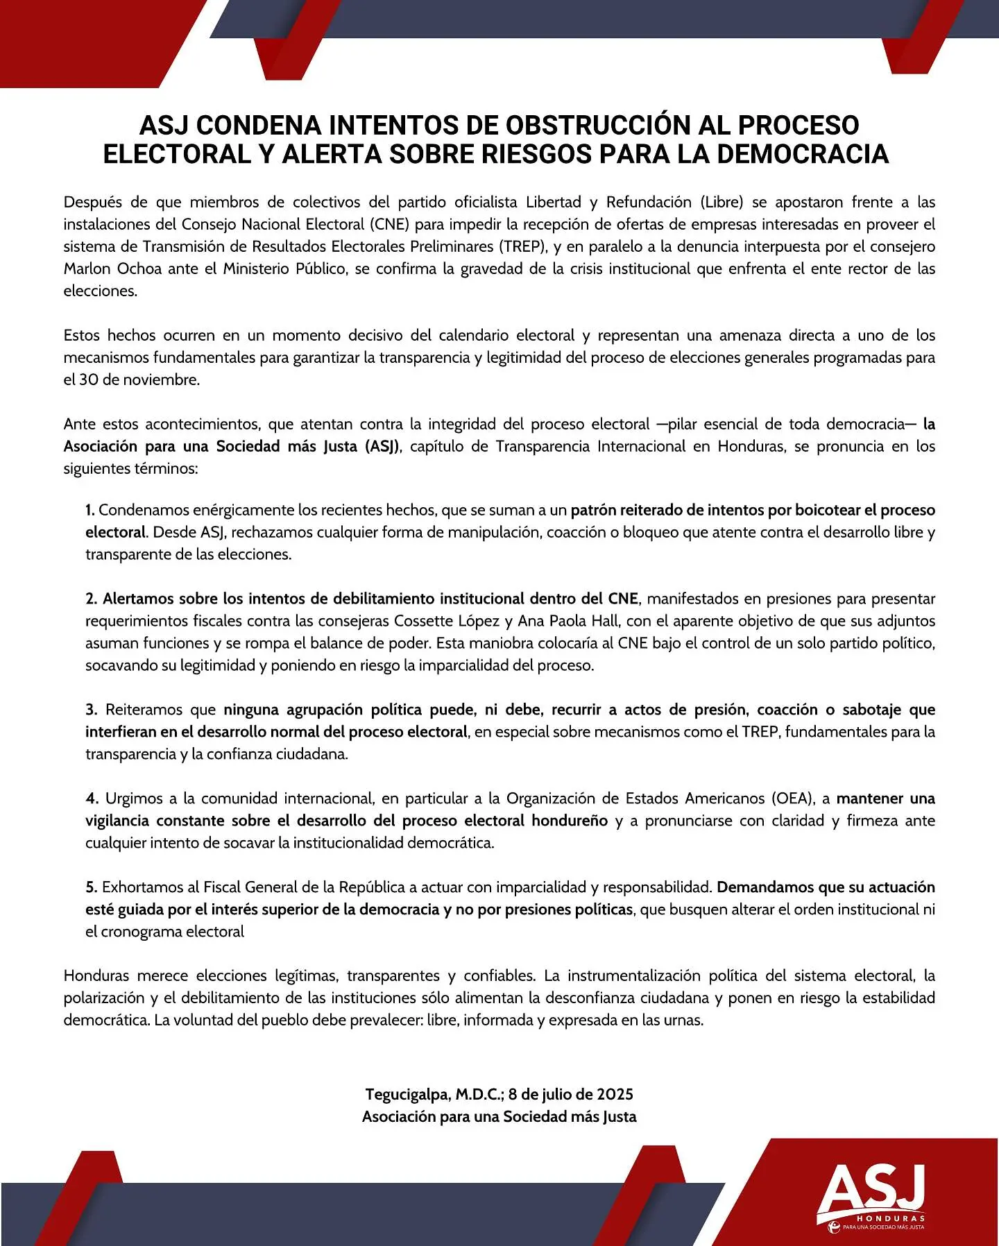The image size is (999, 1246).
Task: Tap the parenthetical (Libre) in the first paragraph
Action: (721, 203)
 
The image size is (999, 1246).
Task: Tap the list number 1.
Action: (90, 511)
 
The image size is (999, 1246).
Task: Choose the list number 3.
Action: (91, 710)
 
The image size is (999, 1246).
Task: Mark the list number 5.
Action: (91, 888)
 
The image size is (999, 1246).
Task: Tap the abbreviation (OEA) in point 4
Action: (788, 799)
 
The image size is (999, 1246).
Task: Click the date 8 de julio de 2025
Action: (570, 1095)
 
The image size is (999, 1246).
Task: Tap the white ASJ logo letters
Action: (871, 1186)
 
